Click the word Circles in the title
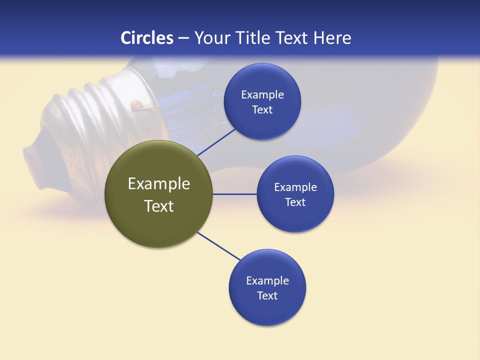tap(147, 38)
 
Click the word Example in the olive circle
tap(159, 184)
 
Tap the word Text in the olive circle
tap(159, 206)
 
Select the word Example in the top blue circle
tap(262, 95)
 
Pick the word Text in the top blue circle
tap(262, 110)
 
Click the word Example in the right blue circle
tap(295, 187)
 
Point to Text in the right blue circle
tap(295, 202)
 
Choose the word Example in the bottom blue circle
tap(267, 281)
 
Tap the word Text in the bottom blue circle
tap(267, 296)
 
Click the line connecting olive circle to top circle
tap(216, 142)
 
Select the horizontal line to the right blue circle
tap(234, 194)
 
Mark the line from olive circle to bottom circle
tap(219, 246)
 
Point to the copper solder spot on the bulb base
tap(136, 105)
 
